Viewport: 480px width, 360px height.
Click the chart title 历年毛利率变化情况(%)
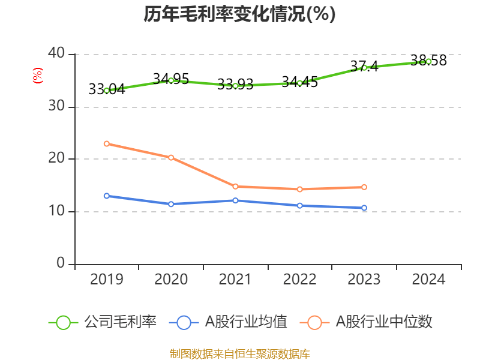[239, 14]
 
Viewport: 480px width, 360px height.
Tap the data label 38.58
[428, 61]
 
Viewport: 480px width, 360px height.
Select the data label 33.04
[106, 89]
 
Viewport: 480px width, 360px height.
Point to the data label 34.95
[171, 79]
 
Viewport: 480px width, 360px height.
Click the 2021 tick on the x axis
[235, 280]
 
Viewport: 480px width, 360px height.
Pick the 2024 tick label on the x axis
[428, 280]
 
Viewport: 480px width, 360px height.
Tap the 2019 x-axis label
[106, 280]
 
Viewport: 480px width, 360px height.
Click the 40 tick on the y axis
[58, 54]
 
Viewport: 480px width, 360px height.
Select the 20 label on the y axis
[58, 159]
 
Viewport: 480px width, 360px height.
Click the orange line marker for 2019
[106, 143]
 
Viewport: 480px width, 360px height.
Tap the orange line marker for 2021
[235, 187]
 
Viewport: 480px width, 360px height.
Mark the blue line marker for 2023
[364, 208]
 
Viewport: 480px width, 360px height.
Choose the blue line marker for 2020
[171, 204]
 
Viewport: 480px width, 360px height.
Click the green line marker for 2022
[299, 83]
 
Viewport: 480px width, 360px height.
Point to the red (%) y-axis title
[38, 76]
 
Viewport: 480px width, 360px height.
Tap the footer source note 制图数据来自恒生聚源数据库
[239, 353]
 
